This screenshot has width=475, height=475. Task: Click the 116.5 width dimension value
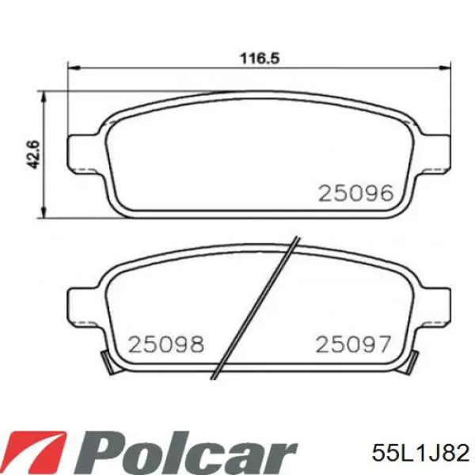[260, 58]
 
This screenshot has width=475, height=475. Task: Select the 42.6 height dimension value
[33, 154]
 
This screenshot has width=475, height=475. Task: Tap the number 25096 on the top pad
[355, 193]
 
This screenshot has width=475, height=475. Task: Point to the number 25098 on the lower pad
[166, 344]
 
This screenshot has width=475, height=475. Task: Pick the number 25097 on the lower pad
[353, 344]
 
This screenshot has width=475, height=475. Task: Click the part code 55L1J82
[421, 453]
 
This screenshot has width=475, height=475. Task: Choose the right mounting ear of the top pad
[434, 153]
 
